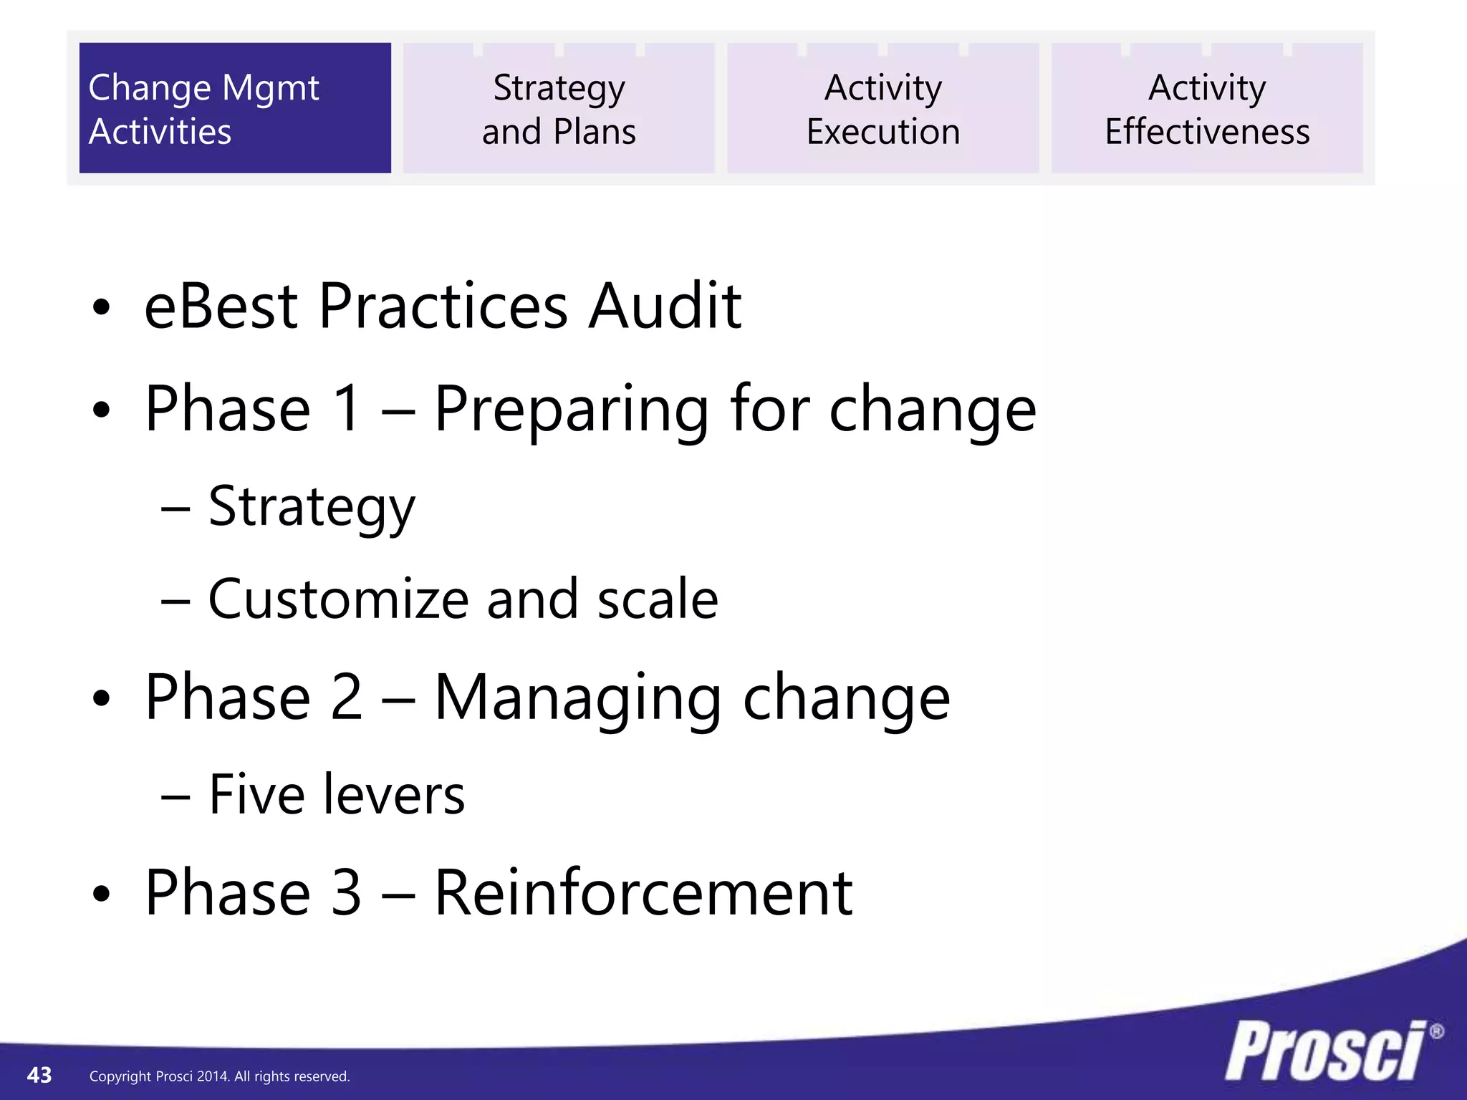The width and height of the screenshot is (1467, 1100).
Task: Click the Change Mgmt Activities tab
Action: tap(235, 108)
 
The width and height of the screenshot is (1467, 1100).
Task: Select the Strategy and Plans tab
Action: tap(559, 108)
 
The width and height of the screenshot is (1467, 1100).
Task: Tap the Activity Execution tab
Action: tap(883, 108)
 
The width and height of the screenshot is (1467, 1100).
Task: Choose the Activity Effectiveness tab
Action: tap(1207, 108)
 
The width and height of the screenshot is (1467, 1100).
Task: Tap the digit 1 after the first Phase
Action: tap(347, 409)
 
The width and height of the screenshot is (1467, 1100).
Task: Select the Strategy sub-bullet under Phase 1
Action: tap(312, 507)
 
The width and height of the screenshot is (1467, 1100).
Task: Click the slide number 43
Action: tap(39, 1075)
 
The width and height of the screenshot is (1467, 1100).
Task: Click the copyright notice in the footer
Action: tap(219, 1076)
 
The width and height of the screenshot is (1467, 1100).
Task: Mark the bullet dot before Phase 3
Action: tap(102, 894)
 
